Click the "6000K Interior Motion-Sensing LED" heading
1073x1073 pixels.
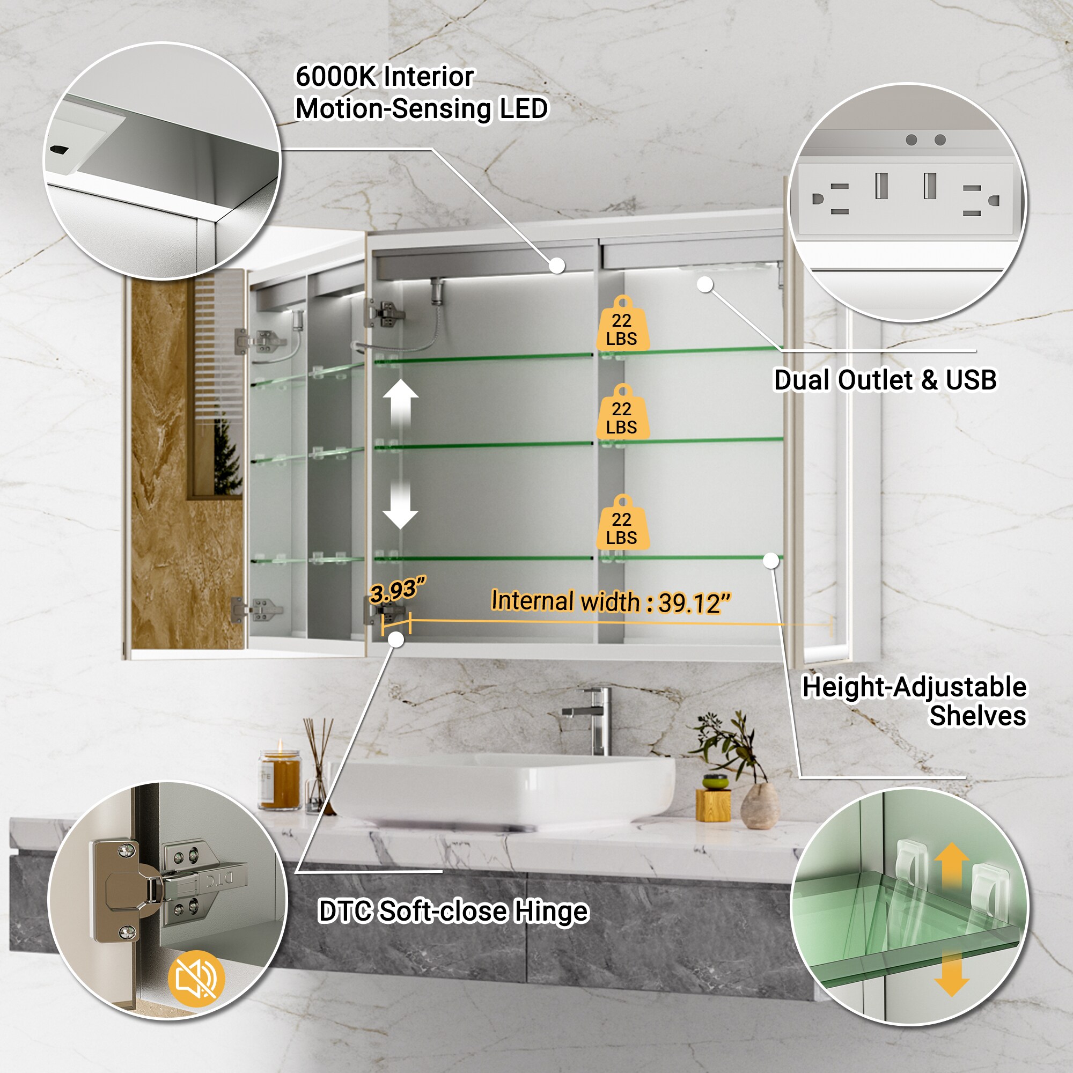[422, 93]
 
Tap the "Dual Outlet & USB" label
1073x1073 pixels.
[885, 380]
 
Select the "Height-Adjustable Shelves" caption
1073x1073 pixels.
[914, 701]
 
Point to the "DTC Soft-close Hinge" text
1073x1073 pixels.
[453, 912]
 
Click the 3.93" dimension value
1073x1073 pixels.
[397, 590]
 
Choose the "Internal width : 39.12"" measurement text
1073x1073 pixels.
[611, 602]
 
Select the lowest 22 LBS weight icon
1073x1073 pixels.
[622, 522]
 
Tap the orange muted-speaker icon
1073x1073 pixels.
[196, 978]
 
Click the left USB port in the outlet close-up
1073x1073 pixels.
[881, 186]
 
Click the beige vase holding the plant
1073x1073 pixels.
[760, 806]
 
